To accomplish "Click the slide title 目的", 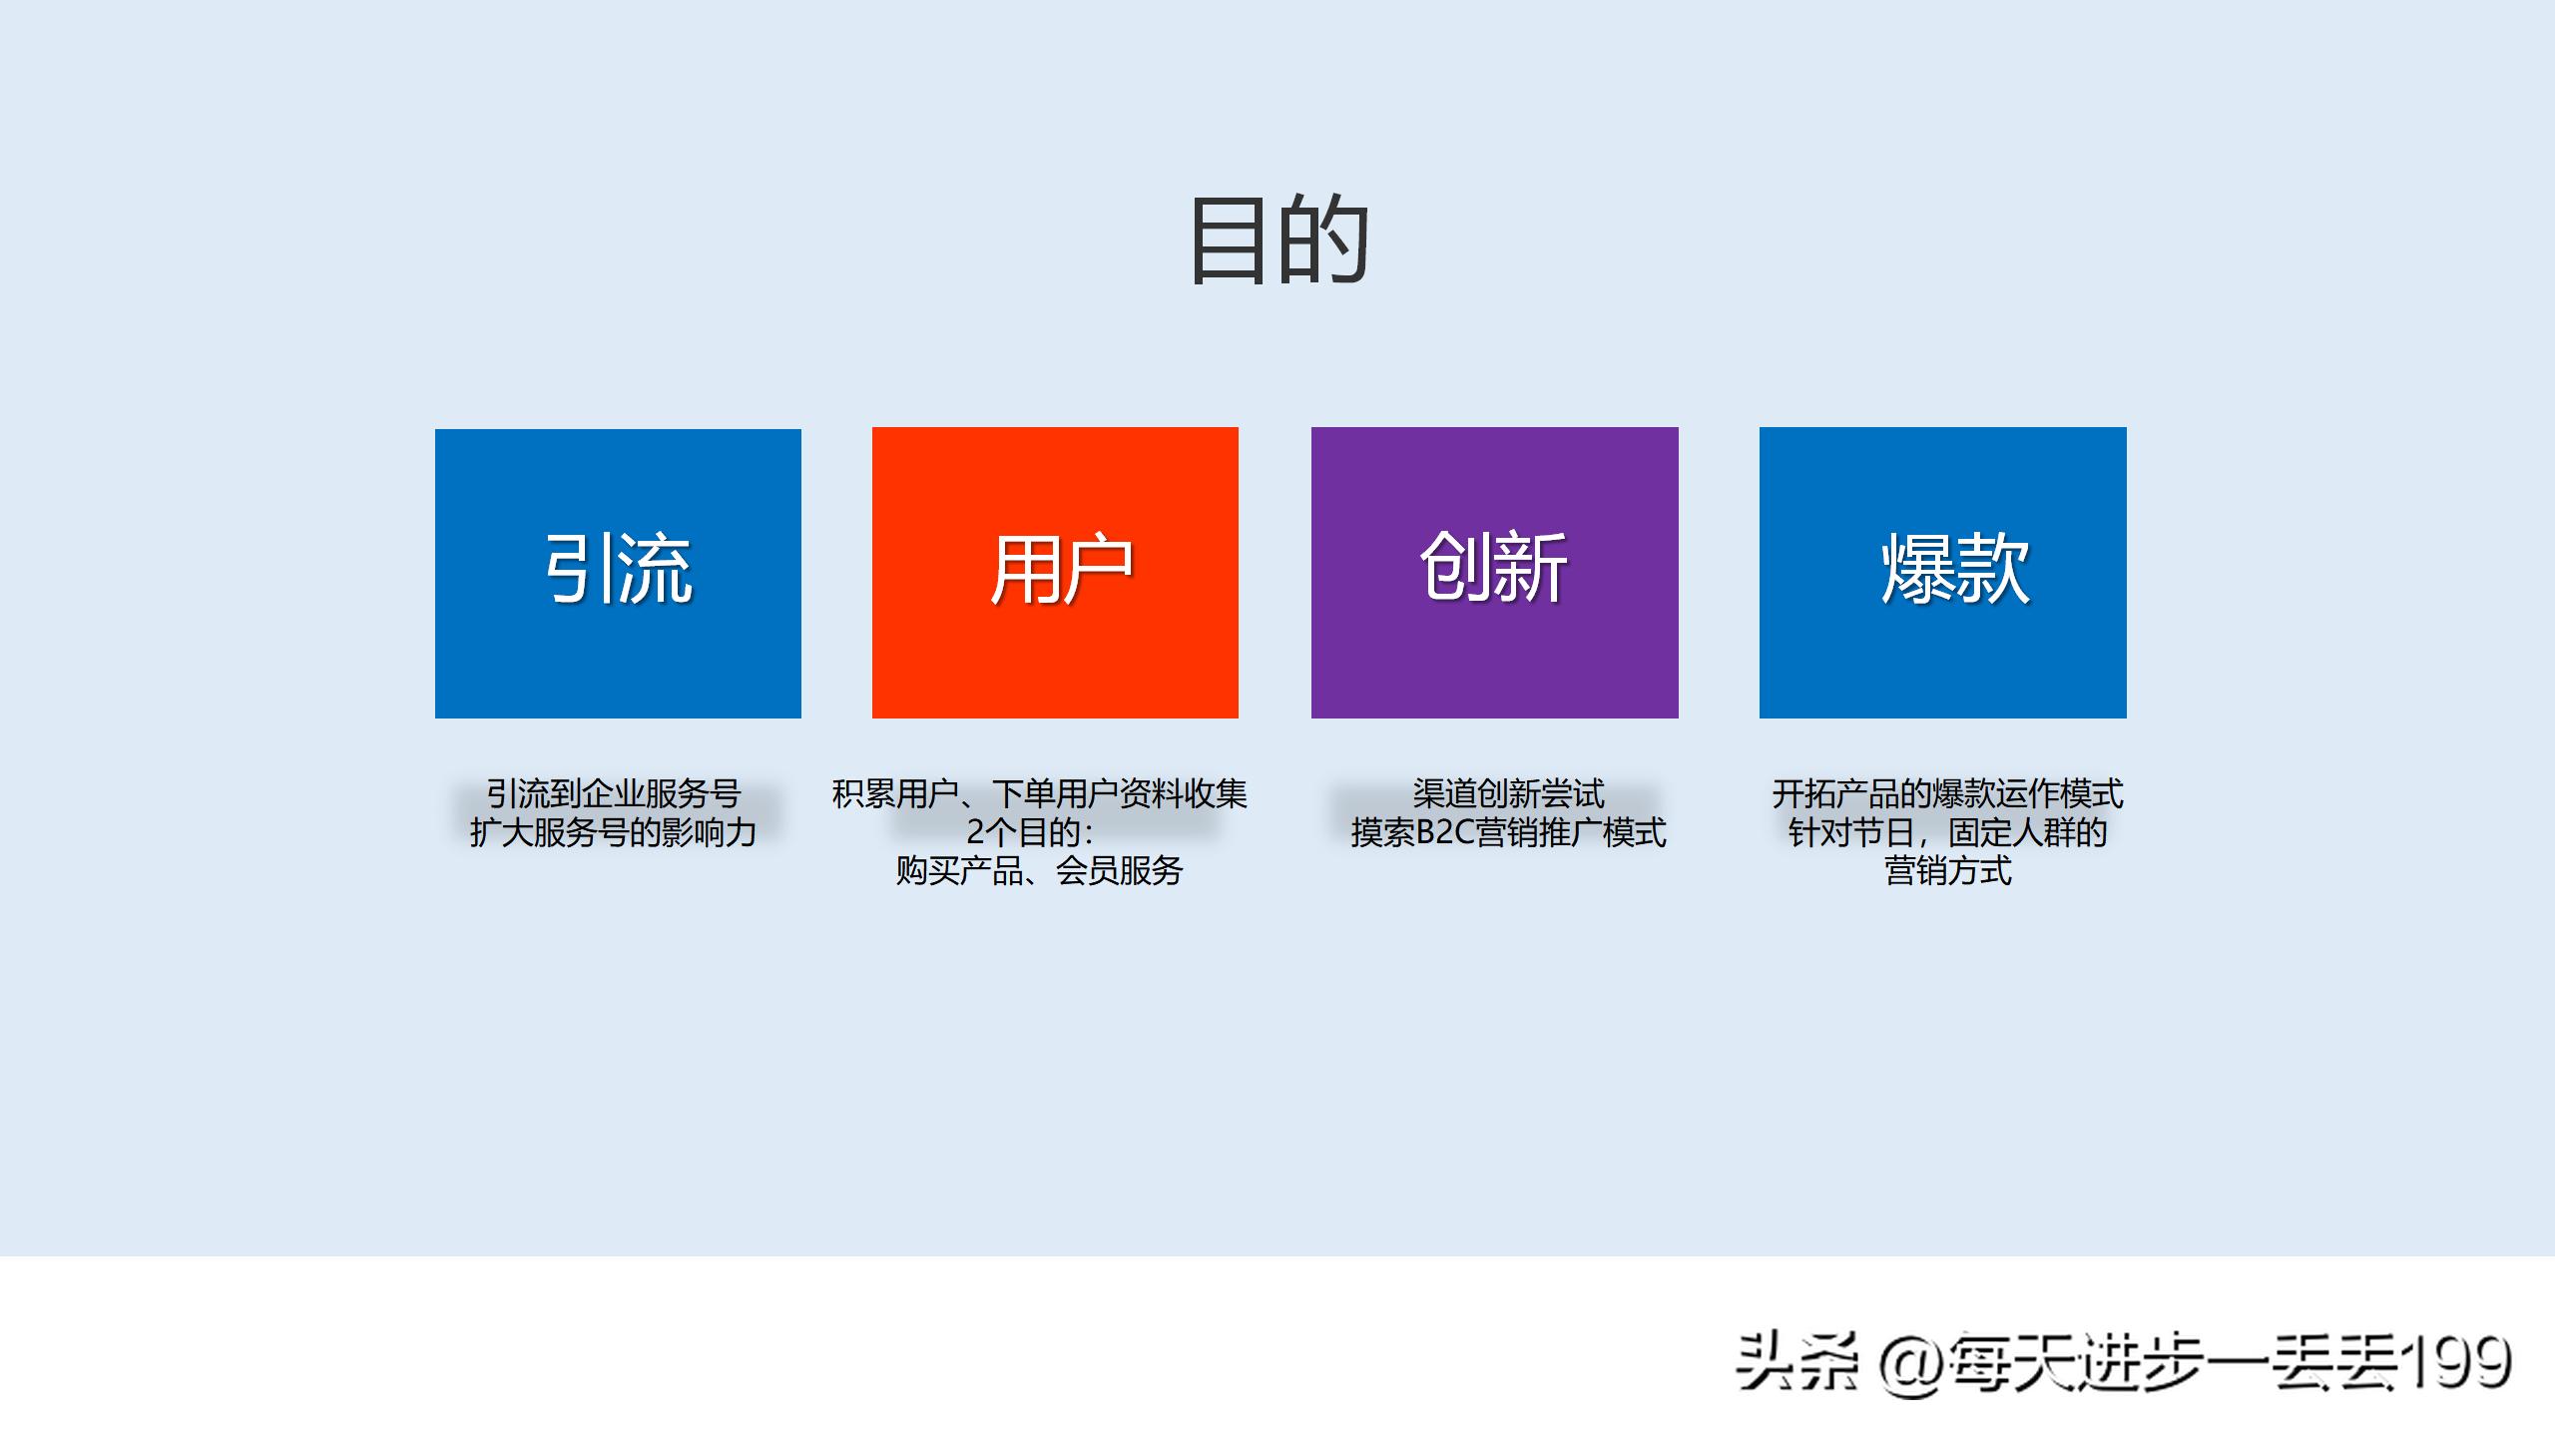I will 1278,239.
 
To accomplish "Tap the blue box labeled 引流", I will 618,573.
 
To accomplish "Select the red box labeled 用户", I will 1055,573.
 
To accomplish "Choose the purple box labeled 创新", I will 1494,573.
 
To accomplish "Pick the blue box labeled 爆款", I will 1942,573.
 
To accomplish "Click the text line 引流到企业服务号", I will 613,794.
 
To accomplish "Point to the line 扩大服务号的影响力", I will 613,832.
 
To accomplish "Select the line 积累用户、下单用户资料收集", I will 1039,794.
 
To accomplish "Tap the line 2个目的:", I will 1029,832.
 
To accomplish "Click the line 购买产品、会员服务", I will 1039,871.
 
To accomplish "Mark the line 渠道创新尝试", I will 1508,794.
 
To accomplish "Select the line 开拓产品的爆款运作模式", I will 1947,794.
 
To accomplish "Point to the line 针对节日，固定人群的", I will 1947,832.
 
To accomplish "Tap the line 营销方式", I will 1947,871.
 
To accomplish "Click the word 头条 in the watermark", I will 1796,1363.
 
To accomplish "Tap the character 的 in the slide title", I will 1323,239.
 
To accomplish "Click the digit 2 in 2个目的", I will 976,832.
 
